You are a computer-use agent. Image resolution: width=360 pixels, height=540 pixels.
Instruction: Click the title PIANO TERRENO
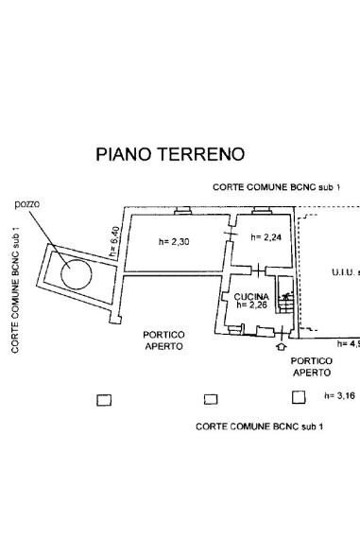tap(170, 154)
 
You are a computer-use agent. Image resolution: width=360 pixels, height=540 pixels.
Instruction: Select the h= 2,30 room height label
tap(174, 242)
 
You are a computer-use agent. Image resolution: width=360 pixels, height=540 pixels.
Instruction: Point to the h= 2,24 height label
tap(266, 237)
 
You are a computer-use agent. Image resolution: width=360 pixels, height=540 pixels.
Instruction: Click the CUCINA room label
tap(252, 296)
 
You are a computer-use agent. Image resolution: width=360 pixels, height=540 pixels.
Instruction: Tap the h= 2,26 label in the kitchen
tap(252, 305)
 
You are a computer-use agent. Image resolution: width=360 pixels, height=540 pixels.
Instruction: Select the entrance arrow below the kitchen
tap(279, 347)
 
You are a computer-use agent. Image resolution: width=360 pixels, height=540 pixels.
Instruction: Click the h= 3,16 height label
tap(339, 396)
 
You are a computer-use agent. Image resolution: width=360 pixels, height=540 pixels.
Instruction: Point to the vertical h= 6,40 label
tap(114, 243)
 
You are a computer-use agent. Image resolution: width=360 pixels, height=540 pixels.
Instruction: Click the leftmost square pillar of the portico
tap(105, 399)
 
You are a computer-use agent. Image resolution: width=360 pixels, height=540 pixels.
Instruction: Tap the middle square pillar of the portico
tap(211, 399)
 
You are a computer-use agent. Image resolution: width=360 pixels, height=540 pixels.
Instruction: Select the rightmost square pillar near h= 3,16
tap(299, 396)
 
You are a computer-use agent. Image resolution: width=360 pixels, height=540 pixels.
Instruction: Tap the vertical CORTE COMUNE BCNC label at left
tap(16, 289)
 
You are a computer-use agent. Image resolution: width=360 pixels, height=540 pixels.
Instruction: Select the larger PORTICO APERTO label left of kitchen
tap(164, 340)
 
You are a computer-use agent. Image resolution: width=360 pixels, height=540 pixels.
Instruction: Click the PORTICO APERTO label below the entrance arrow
tap(311, 366)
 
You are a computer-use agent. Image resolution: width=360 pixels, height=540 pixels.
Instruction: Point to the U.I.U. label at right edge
tap(344, 272)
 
